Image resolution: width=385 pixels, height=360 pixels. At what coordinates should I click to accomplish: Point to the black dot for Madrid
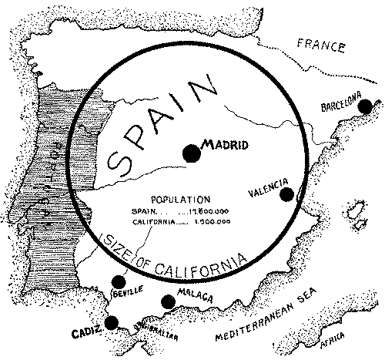[x=190, y=153]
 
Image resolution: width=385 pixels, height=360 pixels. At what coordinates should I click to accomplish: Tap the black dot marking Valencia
[x=286, y=194]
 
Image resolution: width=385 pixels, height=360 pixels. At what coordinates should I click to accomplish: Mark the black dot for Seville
[x=118, y=281]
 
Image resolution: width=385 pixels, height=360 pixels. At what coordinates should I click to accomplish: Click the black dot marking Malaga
[x=167, y=302]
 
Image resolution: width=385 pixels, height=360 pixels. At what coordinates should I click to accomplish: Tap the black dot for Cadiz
[x=112, y=323]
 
